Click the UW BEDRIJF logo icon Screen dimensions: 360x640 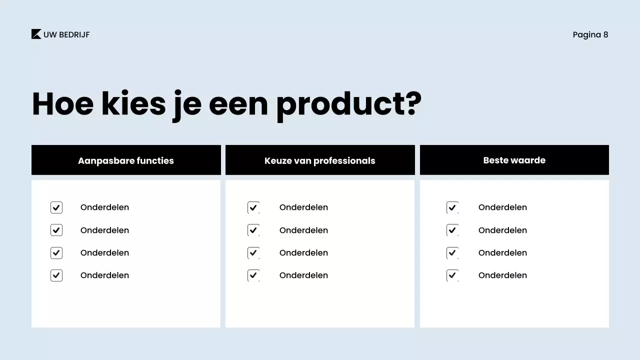(36, 34)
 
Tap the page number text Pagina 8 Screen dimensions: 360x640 (590, 34)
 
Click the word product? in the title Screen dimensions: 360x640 (348, 104)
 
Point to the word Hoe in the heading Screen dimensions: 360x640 (62, 104)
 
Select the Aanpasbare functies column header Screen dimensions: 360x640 (126, 160)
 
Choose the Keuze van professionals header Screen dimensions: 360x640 (320, 160)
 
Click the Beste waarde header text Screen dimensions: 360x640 (514, 160)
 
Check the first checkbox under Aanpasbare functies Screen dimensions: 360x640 (56, 207)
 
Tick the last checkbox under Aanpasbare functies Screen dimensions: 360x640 (56, 275)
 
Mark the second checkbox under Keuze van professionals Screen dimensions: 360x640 (253, 230)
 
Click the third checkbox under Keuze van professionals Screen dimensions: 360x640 (253, 253)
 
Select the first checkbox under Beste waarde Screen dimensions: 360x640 (452, 207)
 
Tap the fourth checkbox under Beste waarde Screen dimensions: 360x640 (452, 275)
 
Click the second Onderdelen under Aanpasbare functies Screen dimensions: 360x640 (104, 230)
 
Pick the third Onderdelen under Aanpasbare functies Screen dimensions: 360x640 (104, 253)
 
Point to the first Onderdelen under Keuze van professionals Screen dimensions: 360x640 (303, 207)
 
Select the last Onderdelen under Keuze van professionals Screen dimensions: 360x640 (303, 275)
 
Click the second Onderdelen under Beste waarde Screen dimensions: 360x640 (502, 230)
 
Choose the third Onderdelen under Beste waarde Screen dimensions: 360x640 (502, 253)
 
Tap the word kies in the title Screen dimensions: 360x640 (133, 104)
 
